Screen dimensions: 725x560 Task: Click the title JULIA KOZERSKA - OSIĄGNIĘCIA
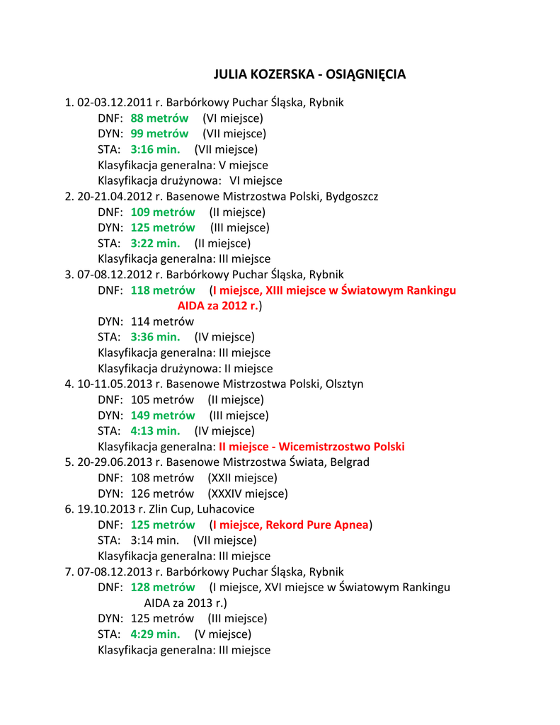[x=309, y=74]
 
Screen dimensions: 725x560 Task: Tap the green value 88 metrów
[x=159, y=118]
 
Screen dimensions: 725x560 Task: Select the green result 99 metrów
[x=159, y=134]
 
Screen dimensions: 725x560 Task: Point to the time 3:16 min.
[x=155, y=149]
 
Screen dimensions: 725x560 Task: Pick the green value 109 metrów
[x=163, y=212]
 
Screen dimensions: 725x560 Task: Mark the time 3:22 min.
[x=155, y=244]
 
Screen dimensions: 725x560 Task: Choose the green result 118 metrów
[x=163, y=290]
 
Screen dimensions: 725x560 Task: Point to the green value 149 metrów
[x=163, y=416]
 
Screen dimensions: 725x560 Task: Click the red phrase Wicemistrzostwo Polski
[x=342, y=447]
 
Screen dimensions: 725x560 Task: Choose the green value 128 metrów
[x=163, y=587]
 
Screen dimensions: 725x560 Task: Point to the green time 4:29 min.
[x=155, y=634]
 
